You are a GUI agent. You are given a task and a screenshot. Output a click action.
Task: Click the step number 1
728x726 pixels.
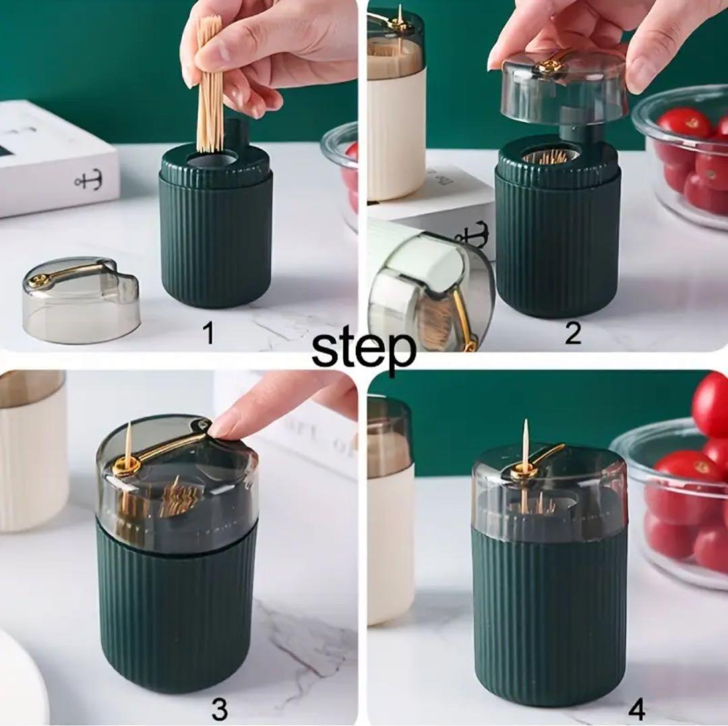[210, 333]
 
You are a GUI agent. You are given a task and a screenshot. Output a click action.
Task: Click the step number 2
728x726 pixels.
[573, 332]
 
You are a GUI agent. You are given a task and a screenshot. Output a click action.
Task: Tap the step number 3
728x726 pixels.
[219, 709]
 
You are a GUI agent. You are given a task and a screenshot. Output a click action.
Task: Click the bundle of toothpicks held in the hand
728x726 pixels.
[210, 84]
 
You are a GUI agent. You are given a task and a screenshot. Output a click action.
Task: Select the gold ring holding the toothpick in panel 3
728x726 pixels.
[126, 464]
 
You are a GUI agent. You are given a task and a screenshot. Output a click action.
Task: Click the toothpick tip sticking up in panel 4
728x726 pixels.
[526, 421]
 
